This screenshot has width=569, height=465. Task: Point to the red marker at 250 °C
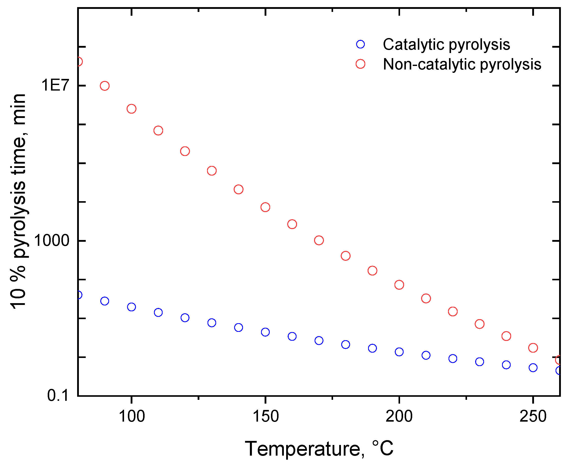tap(533, 348)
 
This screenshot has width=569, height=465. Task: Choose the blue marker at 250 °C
tap(533, 368)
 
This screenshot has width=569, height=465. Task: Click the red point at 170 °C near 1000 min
tap(319, 240)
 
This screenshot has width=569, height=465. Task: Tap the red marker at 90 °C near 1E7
tap(105, 86)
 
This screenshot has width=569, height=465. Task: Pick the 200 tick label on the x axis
tap(399, 417)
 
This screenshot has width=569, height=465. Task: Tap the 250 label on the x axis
tap(533, 417)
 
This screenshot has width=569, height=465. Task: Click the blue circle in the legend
tap(360, 44)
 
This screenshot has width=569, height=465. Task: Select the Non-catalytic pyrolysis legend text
tap(462, 64)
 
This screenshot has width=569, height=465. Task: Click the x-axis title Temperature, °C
tap(319, 449)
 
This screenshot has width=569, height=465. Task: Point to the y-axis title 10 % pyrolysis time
tap(18, 201)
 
